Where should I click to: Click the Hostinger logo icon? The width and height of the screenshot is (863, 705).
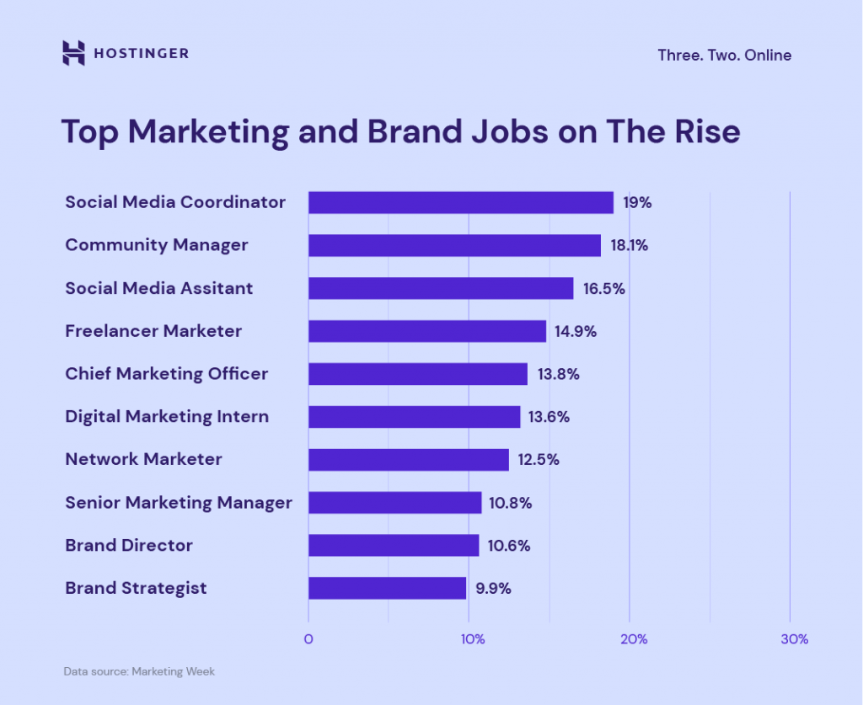tap(74, 53)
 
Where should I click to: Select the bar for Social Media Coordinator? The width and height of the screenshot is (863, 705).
tap(461, 203)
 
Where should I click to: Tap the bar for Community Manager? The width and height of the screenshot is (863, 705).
tap(454, 246)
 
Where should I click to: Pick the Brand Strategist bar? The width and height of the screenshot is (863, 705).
tap(387, 588)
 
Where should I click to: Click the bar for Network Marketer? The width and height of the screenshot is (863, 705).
tap(409, 460)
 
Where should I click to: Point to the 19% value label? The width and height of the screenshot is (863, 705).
tap(637, 203)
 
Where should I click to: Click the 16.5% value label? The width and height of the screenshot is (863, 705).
tap(603, 289)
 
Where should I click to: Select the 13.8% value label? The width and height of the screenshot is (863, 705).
tap(558, 374)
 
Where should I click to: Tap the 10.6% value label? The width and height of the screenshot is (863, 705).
tap(509, 546)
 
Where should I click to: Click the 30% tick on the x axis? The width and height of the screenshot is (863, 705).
tap(794, 639)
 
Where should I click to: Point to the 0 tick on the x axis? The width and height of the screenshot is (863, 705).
tap(308, 639)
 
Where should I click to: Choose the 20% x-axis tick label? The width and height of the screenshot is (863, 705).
tap(634, 639)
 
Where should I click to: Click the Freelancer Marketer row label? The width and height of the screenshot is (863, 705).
tap(153, 331)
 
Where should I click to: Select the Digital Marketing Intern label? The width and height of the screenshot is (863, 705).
tap(167, 417)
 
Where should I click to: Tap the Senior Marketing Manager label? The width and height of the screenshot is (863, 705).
tap(179, 503)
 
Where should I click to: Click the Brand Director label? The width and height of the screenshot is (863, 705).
tap(129, 546)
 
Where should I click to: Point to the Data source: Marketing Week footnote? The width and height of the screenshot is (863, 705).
tap(139, 672)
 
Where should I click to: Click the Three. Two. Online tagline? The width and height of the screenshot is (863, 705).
tap(724, 56)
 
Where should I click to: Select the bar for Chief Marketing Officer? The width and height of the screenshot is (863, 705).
tap(418, 374)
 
